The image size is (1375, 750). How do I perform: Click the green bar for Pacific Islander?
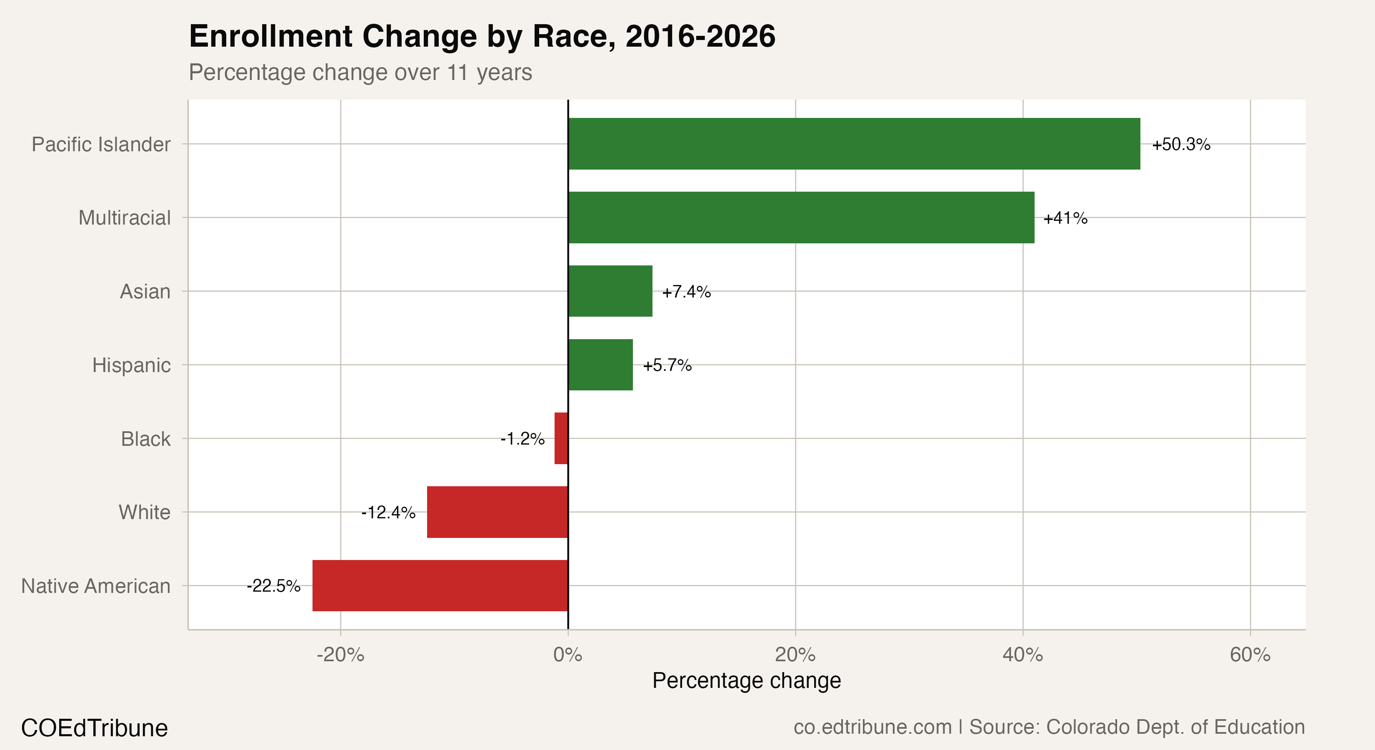pyautogui.click(x=854, y=144)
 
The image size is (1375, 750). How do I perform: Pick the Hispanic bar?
pyautogui.click(x=600, y=365)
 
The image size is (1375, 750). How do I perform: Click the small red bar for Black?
pyautogui.click(x=561, y=438)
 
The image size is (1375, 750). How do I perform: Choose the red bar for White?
pyautogui.click(x=497, y=512)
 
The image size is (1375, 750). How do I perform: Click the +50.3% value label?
pyautogui.click(x=1181, y=144)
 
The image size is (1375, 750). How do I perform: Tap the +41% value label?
pyautogui.click(x=1065, y=218)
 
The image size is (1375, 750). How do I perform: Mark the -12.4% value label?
pyautogui.click(x=388, y=512)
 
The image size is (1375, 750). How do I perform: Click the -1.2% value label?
pyautogui.click(x=522, y=439)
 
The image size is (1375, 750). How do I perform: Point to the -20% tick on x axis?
pyautogui.click(x=340, y=655)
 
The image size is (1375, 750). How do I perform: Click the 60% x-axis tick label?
pyautogui.click(x=1250, y=655)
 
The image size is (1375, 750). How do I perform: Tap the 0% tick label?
pyautogui.click(x=567, y=655)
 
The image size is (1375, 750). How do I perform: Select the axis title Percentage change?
pyautogui.click(x=746, y=680)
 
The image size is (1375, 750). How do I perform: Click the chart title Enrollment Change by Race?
pyautogui.click(x=482, y=36)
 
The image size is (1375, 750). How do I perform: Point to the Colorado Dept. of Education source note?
pyautogui.click(x=1137, y=727)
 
